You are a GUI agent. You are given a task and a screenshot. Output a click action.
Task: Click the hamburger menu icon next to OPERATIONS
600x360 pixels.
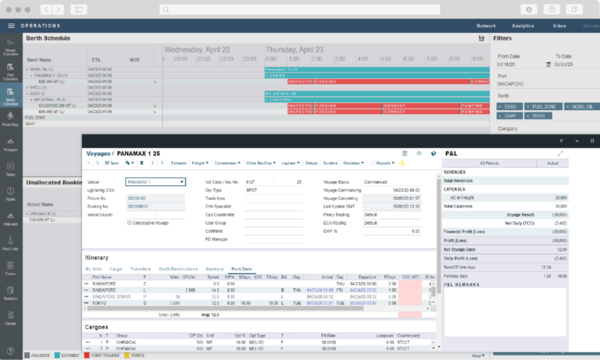click(x=11, y=26)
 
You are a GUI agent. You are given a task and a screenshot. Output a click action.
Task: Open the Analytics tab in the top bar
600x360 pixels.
click(x=523, y=26)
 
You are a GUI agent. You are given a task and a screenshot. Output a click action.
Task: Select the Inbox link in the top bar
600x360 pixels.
click(x=559, y=26)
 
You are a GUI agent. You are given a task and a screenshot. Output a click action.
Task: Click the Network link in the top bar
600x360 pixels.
click(x=487, y=26)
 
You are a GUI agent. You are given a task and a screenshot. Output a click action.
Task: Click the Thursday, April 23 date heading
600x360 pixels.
click(x=295, y=48)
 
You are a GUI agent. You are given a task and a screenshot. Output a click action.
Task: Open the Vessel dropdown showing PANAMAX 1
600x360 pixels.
click(x=156, y=181)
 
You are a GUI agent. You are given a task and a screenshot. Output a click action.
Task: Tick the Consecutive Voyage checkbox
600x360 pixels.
click(x=130, y=223)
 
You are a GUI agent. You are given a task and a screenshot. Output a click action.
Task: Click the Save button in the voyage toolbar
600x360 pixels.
click(x=112, y=163)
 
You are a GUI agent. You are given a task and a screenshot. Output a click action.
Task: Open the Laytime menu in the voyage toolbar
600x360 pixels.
click(x=288, y=163)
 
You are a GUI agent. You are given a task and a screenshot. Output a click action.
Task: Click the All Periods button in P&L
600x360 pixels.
click(x=488, y=162)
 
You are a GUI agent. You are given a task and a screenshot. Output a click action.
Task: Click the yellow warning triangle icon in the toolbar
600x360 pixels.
click(x=402, y=163)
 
